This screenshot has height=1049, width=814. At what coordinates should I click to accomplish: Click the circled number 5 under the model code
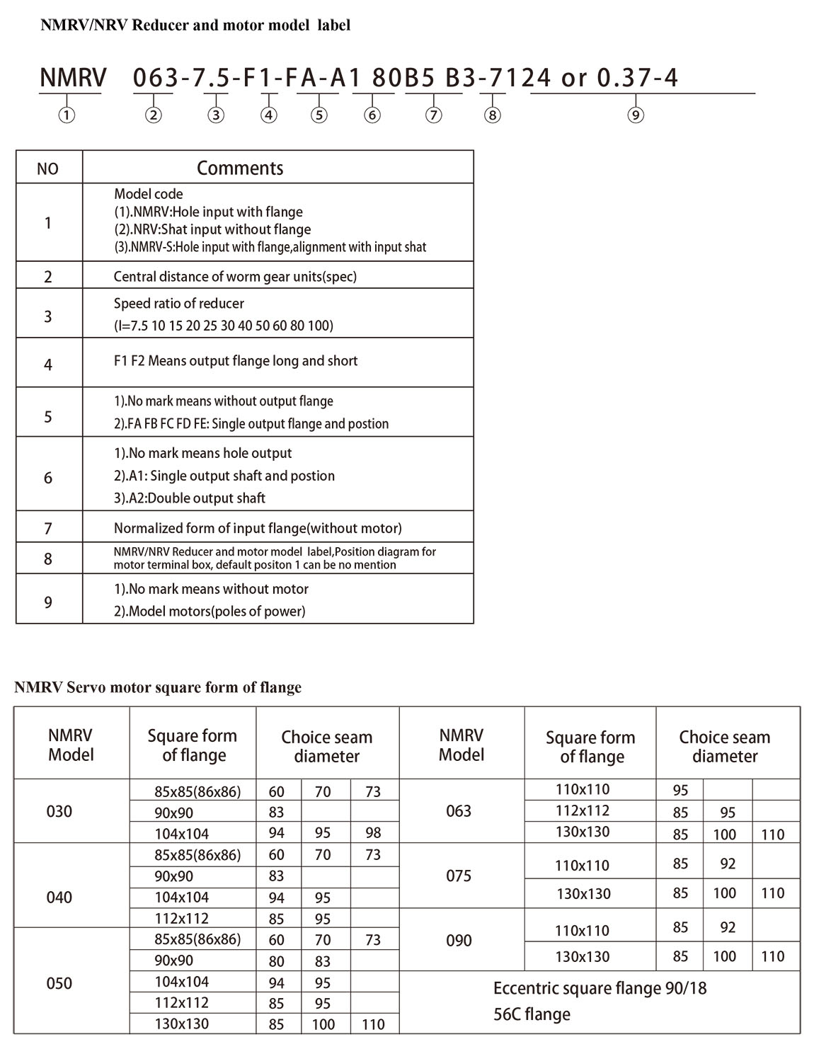[319, 115]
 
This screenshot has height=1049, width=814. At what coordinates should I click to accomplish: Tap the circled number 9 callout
[636, 115]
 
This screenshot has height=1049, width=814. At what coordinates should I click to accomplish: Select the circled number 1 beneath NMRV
[67, 115]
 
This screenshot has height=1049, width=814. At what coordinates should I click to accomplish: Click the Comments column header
[240, 168]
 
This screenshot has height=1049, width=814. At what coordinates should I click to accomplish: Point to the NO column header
[47, 169]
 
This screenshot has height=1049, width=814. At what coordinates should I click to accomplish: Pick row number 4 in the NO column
[48, 365]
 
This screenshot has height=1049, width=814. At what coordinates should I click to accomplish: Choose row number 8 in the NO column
[48, 559]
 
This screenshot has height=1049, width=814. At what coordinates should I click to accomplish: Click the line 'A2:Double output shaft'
[190, 498]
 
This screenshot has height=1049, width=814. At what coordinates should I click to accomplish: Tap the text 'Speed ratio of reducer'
[179, 304]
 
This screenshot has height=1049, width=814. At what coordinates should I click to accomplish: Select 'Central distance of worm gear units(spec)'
[235, 277]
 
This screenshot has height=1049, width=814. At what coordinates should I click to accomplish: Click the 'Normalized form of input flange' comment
[258, 528]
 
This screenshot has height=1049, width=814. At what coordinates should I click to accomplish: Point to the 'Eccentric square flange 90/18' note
[600, 988]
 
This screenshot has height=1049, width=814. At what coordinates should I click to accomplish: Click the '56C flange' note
[532, 1014]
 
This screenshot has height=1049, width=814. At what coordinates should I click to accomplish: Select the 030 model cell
[59, 811]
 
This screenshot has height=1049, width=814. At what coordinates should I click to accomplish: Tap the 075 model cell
[459, 876]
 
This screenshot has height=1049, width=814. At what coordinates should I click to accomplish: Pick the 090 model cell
[459, 941]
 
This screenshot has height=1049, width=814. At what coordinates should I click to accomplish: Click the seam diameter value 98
[373, 834]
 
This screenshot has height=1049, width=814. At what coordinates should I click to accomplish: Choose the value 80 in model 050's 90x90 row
[276, 961]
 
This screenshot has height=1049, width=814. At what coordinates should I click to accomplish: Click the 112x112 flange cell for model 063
[583, 810]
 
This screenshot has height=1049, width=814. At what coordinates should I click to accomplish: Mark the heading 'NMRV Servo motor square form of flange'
[158, 687]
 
